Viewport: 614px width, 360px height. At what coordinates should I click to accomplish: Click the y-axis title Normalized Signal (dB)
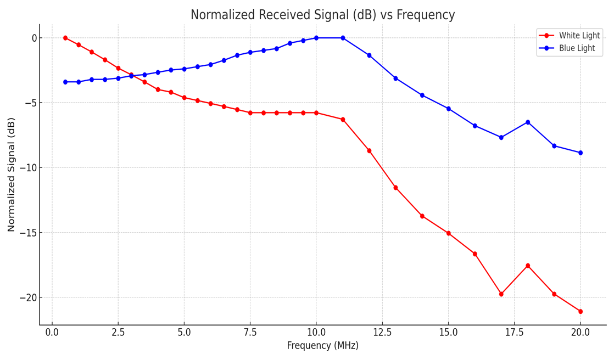tap(11, 174)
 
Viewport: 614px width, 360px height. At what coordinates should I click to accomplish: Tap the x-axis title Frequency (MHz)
tap(322, 346)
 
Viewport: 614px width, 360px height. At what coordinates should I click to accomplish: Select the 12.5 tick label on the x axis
tap(382, 333)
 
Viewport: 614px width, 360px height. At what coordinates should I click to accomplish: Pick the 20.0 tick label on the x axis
tap(580, 333)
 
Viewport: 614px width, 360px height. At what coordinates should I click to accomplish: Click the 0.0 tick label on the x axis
tap(52, 333)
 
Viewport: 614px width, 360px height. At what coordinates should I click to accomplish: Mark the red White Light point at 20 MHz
tap(580, 311)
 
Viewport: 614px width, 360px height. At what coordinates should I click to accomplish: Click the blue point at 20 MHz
tap(580, 153)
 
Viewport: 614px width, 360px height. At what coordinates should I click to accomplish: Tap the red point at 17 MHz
tap(501, 294)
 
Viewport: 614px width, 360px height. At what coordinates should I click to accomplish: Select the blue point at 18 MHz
tap(527, 122)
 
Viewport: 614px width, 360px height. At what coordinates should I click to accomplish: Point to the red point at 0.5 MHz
tap(65, 38)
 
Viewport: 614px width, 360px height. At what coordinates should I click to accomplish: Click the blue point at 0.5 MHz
tap(65, 82)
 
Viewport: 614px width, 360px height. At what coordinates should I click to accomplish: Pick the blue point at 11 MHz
tap(343, 38)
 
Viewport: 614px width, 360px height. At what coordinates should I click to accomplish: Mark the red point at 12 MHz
tap(369, 150)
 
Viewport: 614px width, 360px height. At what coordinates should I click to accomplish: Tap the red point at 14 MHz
tap(422, 216)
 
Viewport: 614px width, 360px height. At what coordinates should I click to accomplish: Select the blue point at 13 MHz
tap(395, 78)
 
